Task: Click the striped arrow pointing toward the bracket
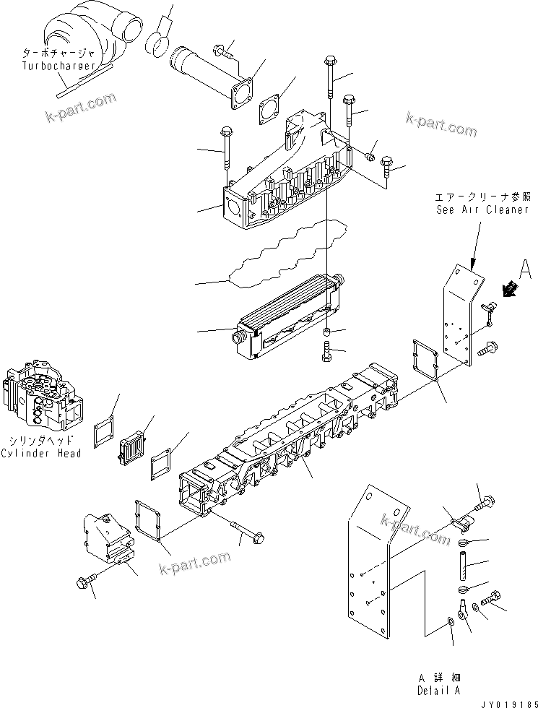click(511, 290)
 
